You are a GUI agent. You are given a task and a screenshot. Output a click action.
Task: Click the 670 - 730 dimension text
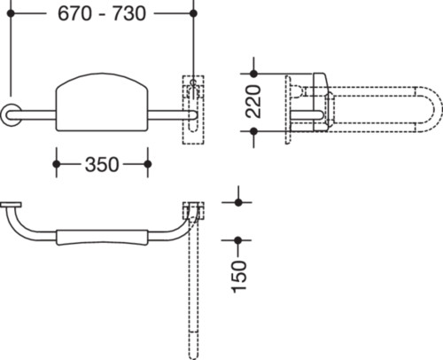tap(102, 13)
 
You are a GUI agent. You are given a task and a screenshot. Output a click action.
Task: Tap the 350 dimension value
tap(102, 164)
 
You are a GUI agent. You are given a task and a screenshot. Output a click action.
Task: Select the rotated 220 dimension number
tap(253, 102)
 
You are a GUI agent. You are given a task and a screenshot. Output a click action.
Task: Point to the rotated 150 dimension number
tap(239, 277)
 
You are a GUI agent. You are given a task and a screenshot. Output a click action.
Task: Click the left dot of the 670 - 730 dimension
tap(11, 13)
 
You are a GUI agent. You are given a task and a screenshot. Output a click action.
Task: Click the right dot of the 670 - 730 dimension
tap(193, 13)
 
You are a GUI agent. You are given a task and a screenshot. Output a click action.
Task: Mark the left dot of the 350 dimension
tap(57, 164)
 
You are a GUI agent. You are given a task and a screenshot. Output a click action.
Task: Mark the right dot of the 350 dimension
tap(148, 164)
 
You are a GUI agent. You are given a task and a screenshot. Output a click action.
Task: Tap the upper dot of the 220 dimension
tap(253, 74)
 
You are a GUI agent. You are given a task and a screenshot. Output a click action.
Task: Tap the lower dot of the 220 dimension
tap(253, 131)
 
